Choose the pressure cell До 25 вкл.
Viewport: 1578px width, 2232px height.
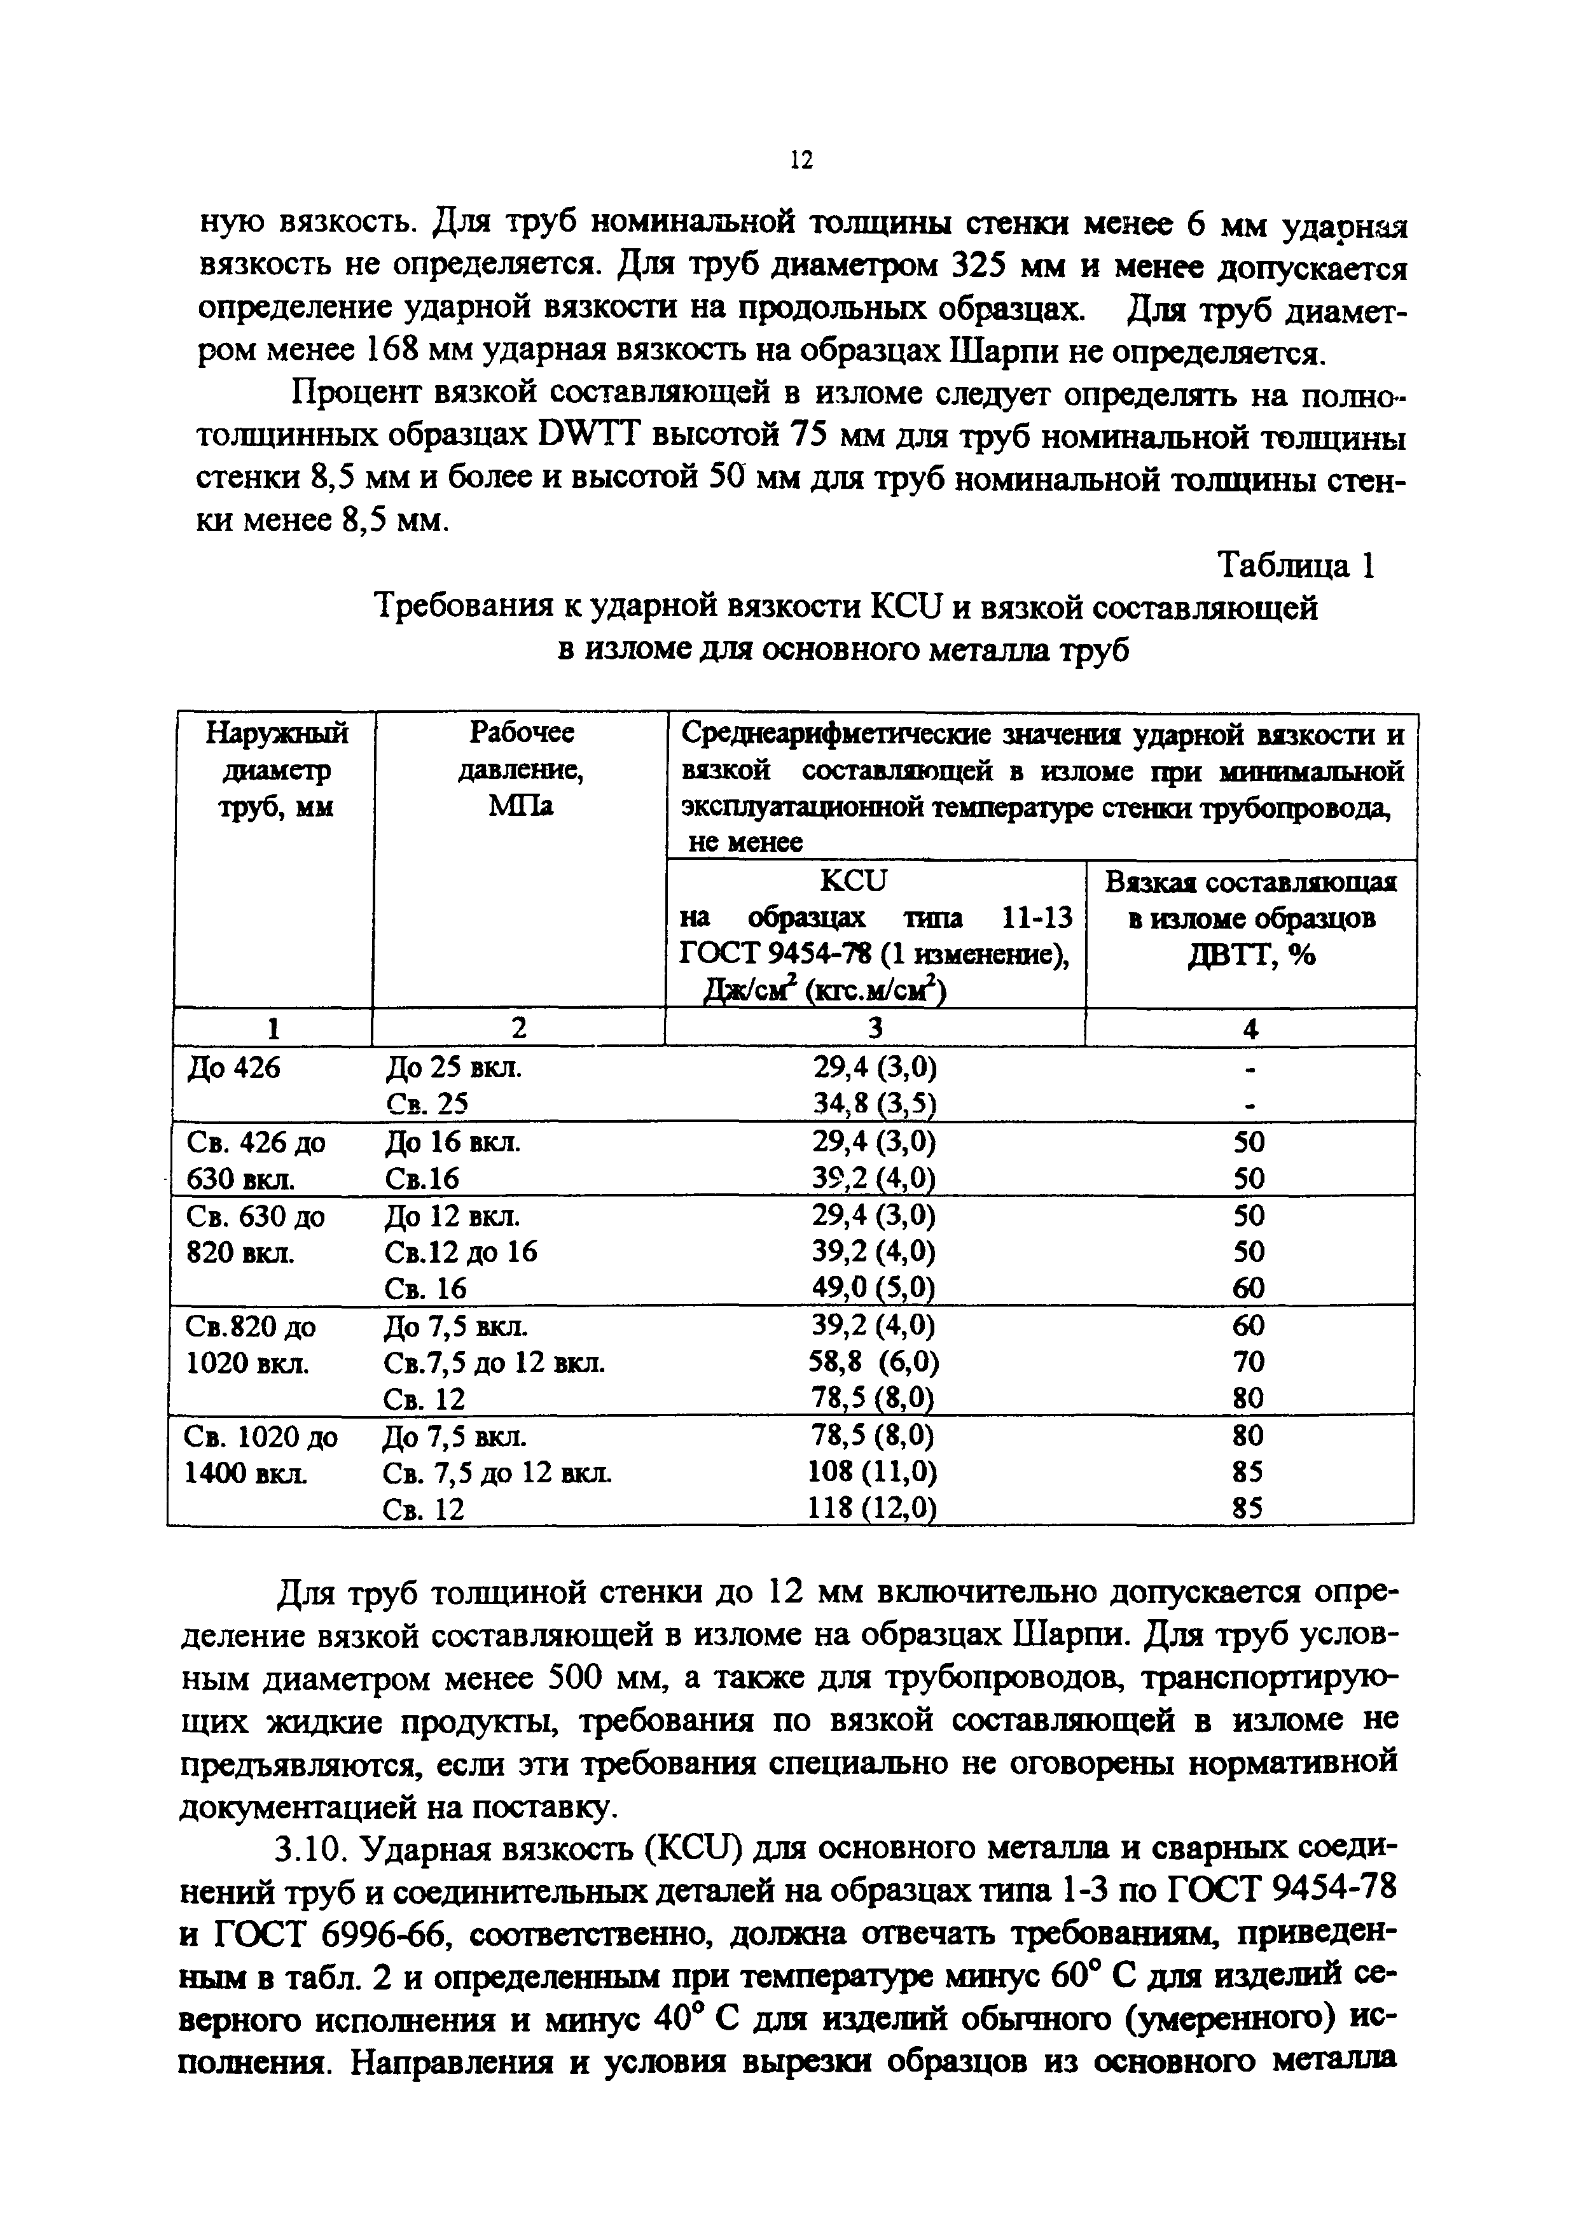click(453, 1069)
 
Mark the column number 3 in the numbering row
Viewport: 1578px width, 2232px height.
click(875, 1028)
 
